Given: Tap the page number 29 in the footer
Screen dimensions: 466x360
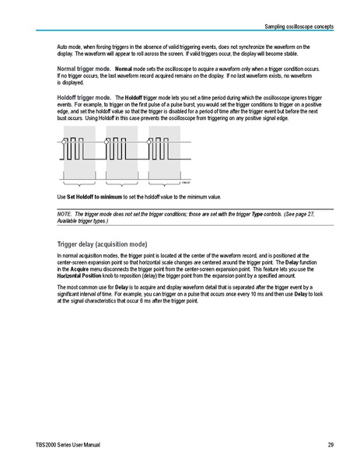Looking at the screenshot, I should point(330,445).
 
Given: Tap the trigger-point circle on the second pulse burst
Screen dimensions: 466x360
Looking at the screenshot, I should point(110,138).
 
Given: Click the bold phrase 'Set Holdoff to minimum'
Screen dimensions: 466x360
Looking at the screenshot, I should point(97,198).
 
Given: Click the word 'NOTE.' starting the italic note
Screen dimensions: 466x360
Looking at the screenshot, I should point(65,213).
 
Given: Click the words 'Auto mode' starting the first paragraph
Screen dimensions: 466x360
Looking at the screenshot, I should point(71,47).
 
